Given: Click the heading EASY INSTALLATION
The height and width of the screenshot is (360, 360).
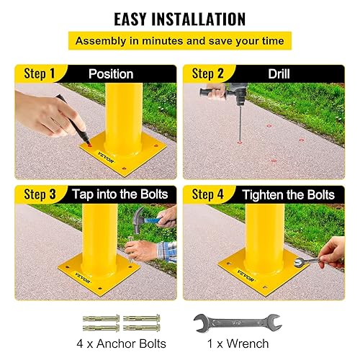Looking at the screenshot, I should pos(180,18).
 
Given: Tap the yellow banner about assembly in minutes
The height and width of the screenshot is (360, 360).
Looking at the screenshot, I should pos(180,41).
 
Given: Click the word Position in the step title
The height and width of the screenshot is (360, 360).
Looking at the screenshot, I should pos(111,74).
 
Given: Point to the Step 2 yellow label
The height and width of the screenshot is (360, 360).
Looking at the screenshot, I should pos(208,74).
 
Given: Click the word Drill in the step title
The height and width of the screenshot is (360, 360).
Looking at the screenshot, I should pos(279,74).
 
